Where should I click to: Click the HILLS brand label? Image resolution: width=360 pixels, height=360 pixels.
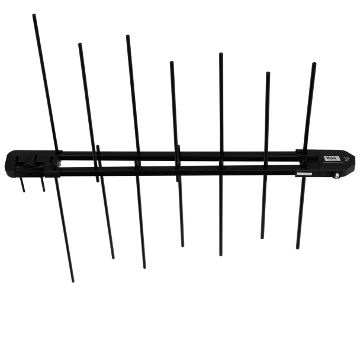[329, 159]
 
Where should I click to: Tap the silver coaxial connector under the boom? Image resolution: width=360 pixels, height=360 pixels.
[336, 176]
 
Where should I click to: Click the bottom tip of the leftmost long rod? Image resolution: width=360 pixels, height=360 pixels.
[73, 281]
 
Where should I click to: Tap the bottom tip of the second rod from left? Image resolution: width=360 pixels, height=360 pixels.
[114, 258]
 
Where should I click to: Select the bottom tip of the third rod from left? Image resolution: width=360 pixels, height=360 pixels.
[144, 267]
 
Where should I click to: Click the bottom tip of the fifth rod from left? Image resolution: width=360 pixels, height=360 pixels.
[220, 255]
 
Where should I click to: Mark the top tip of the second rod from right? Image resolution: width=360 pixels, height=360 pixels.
[268, 72]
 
